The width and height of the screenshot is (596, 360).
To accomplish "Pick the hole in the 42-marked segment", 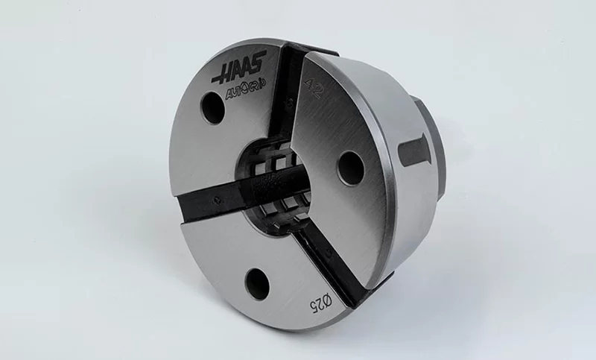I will pyautogui.click(x=349, y=168).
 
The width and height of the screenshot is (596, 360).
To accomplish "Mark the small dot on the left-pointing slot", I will pyautogui.click(x=215, y=199).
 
